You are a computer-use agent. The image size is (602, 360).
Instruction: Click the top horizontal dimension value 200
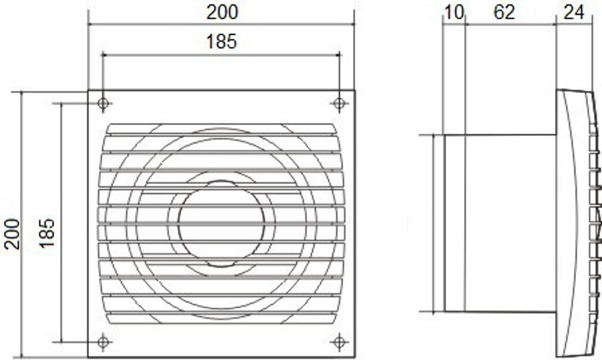[x=222, y=12]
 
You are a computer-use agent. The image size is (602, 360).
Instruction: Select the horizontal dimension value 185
[x=222, y=42]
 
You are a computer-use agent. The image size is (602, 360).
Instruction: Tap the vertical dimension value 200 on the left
[x=12, y=234]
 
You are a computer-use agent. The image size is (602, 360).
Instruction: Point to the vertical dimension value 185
[x=47, y=233]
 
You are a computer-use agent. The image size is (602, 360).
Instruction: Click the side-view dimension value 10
[x=454, y=12]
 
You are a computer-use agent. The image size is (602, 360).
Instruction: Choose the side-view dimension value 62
[x=504, y=12]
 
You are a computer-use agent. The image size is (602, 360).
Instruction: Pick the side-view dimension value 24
[x=574, y=12]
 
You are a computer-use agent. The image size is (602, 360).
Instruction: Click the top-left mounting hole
[x=103, y=103]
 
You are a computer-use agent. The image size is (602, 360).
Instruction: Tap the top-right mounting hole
[x=339, y=103]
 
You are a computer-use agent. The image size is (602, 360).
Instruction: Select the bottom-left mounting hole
[x=103, y=341]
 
